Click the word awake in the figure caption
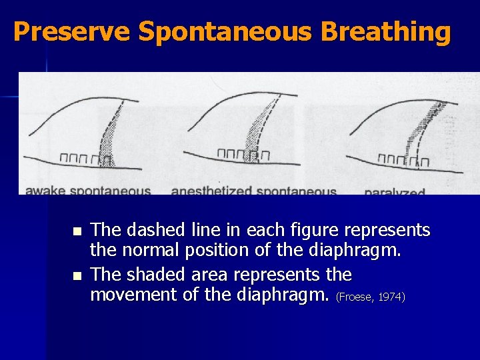coord(44,191)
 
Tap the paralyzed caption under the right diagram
coord(395,192)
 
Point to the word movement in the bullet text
coord(133,294)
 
